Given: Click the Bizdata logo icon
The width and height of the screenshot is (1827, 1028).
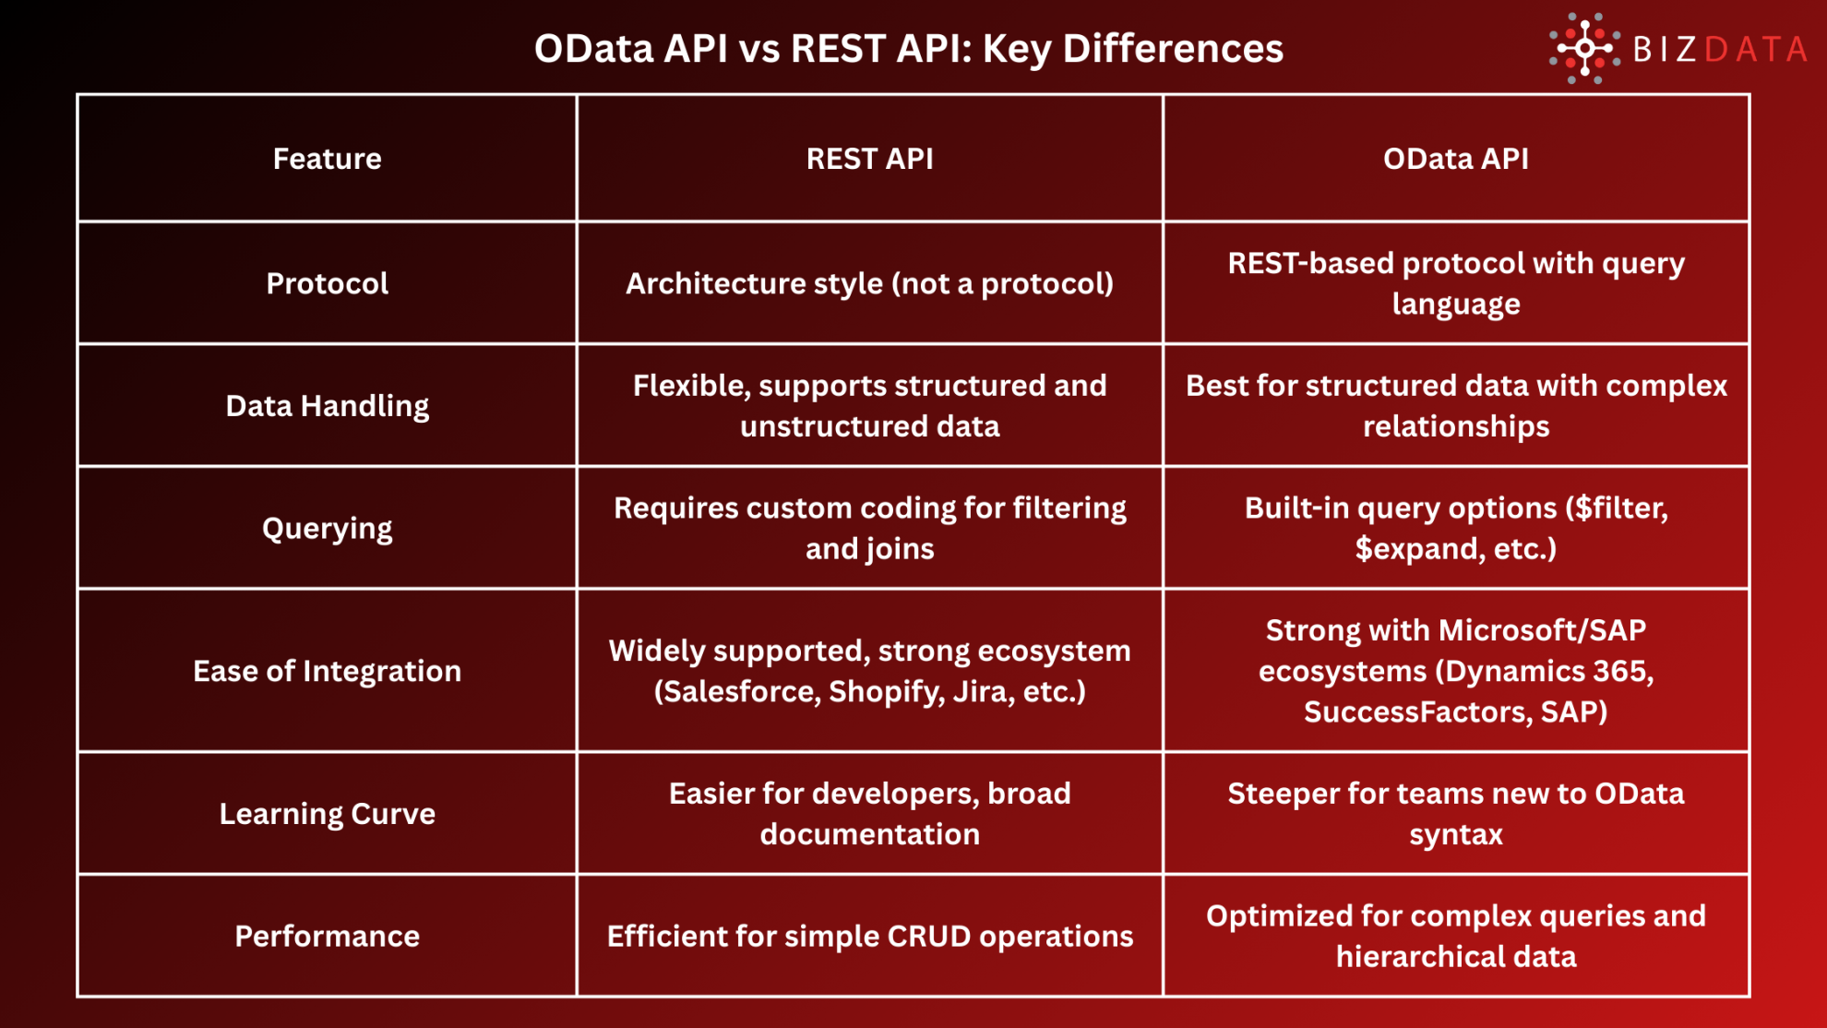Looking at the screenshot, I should pos(1584,48).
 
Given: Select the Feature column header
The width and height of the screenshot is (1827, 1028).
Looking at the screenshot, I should pos(327,159).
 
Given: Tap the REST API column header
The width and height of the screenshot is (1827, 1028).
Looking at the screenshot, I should pos(869,159).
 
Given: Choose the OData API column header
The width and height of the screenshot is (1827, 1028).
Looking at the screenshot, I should pos(1455,159).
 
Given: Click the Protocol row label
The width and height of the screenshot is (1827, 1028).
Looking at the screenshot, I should pos(327,283).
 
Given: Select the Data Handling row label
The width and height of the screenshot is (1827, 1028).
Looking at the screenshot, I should pos(327,406).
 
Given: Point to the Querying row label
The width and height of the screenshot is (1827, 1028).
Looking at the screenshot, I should pos(327,529).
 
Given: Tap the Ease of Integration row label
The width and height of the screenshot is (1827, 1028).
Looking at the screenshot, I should pos(327,671).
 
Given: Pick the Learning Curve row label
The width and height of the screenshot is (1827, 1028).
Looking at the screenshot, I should pos(327,814).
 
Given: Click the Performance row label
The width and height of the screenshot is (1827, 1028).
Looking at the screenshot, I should pos(327,937).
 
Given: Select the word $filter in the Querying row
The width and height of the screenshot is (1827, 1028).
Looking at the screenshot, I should pos(1619,508).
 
